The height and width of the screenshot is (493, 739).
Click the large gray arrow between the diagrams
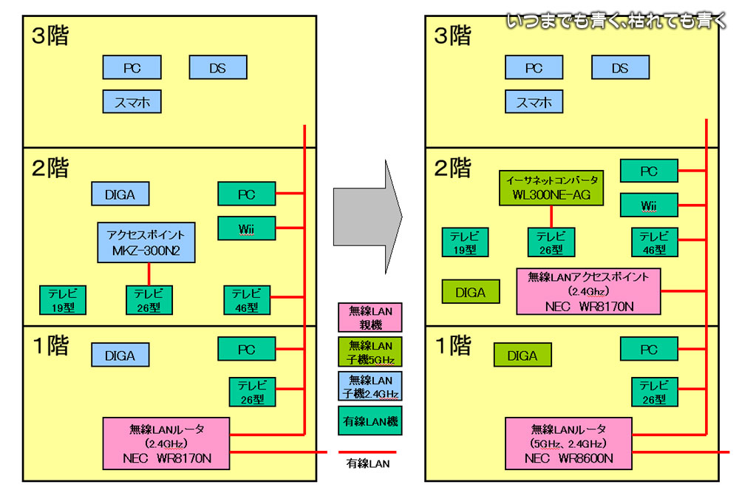tap(367, 214)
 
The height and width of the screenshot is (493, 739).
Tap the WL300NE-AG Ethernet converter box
tap(551, 188)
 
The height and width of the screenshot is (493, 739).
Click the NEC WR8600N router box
tap(569, 443)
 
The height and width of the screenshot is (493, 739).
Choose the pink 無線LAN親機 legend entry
tap(370, 318)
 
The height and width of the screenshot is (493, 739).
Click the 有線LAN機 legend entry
tap(370, 421)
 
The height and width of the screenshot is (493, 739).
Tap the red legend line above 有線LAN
tap(367, 452)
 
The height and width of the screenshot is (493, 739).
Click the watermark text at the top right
tap(617, 21)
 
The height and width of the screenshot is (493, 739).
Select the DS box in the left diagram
tap(217, 67)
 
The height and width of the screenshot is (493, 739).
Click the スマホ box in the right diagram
tap(534, 101)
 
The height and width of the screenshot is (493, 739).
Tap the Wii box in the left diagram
tap(247, 228)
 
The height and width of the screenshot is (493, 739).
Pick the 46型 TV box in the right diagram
tap(649, 242)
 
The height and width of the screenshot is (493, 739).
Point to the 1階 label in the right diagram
tap(452, 346)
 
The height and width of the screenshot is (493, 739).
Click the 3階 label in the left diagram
tap(50, 36)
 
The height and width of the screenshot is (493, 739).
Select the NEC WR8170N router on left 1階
tap(167, 443)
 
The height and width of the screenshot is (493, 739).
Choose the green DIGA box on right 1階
tap(522, 356)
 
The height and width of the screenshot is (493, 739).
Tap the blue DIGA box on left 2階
tap(120, 194)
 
